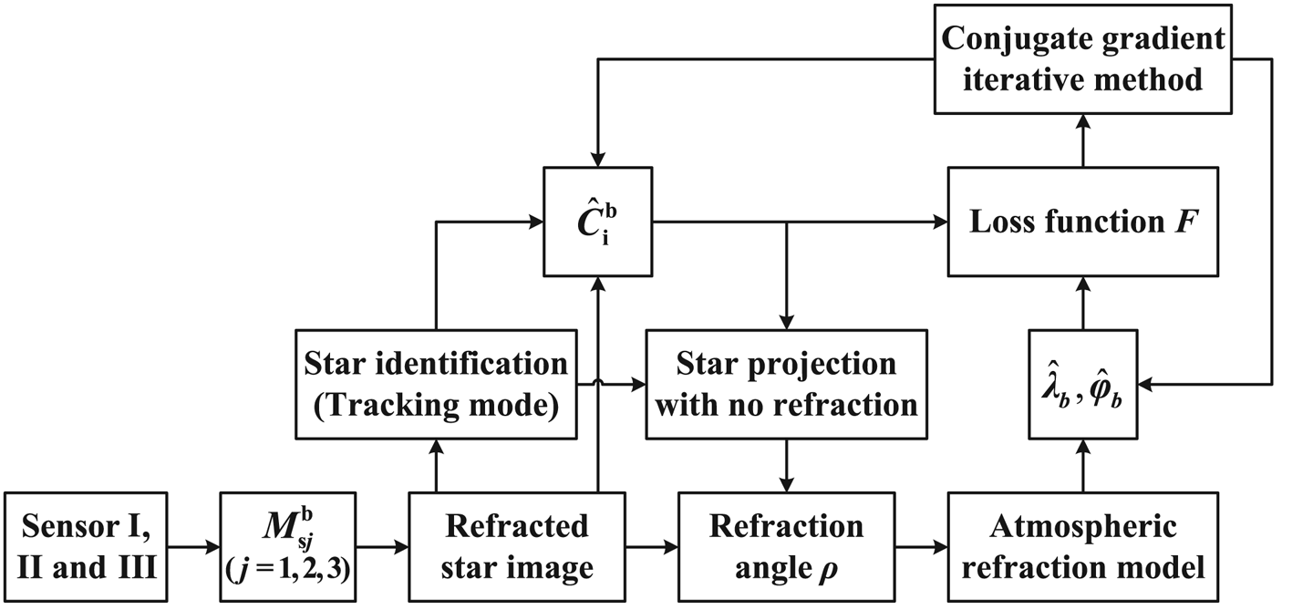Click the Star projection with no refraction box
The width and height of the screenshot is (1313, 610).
786,383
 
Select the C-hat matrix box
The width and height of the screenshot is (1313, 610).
597,222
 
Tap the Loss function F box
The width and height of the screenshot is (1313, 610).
1082,222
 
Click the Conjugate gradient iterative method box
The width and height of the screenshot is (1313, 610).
1082,58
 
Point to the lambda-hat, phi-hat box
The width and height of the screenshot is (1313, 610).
1082,385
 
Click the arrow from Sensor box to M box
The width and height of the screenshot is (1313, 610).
196,549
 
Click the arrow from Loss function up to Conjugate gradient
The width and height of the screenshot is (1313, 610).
1082,141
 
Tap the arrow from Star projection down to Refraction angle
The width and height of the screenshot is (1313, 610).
786,465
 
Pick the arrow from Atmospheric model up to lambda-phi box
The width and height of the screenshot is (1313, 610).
1082,465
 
